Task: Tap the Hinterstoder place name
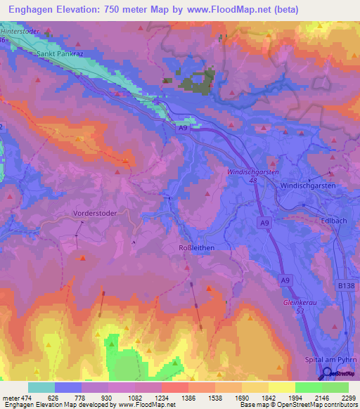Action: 19,33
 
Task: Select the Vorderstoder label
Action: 93,212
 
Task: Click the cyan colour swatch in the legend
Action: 41,387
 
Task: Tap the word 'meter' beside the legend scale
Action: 10,398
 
